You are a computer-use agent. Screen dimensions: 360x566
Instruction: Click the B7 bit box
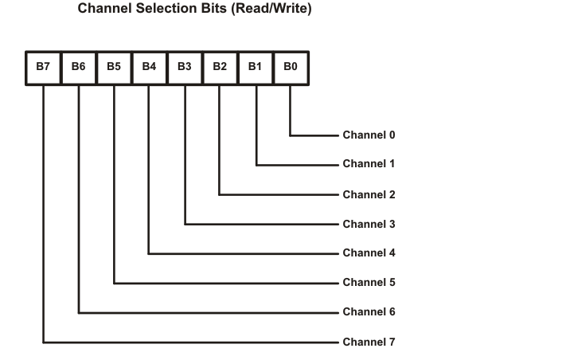[43, 68]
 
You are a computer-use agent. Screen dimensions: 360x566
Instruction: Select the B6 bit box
[78, 68]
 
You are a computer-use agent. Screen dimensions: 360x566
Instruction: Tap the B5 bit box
[114, 68]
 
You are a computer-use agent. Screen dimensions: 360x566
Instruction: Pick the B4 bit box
[149, 68]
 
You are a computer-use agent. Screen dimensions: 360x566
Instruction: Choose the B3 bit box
[184, 68]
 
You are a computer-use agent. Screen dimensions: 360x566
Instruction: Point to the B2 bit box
[220, 68]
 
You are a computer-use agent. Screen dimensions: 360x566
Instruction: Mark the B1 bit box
[255, 68]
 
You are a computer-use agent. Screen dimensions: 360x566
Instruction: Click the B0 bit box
[290, 68]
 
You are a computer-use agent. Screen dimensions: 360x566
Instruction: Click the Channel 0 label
[369, 135]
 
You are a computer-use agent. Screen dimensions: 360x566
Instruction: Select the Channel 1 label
[369, 164]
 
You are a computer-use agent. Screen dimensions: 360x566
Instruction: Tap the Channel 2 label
[369, 194]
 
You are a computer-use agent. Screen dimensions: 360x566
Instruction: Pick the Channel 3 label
[369, 224]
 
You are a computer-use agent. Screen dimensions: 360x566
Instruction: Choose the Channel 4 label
[369, 253]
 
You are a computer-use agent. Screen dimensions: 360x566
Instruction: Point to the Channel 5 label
[369, 283]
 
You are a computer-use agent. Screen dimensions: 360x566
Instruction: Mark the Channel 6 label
[369, 312]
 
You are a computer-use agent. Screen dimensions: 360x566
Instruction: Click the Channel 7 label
[369, 342]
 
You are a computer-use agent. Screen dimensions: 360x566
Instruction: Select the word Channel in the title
[104, 10]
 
